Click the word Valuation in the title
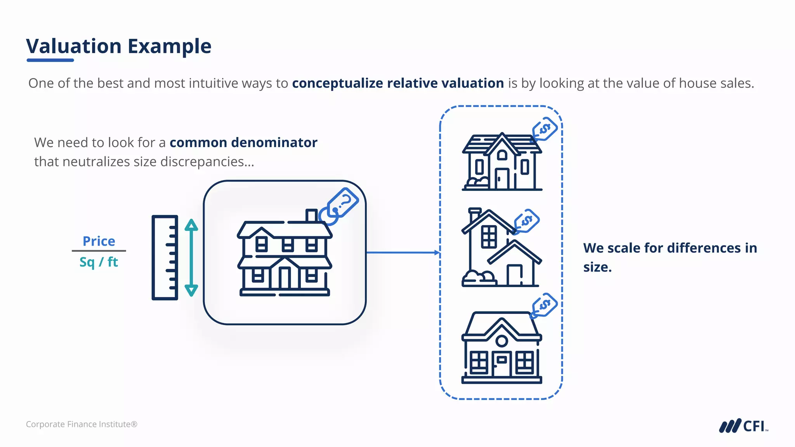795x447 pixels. [74, 46]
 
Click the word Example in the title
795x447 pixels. [170, 46]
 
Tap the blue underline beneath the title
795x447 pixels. [50, 60]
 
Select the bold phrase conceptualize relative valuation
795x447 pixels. [398, 83]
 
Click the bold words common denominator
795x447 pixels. [243, 142]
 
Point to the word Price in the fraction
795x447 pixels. [99, 241]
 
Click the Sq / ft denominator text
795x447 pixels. [99, 262]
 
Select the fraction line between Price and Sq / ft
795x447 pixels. [99, 251]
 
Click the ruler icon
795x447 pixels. [165, 258]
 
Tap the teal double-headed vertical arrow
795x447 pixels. [191, 258]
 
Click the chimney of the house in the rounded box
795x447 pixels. [311, 216]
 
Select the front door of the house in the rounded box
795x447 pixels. [285, 277]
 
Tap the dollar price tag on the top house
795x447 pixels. [545, 129]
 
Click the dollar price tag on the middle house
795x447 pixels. [527, 221]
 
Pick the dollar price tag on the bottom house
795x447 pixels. [545, 305]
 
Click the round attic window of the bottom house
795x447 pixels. [502, 341]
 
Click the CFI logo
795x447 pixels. [743, 426]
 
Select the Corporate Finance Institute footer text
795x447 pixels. [82, 424]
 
